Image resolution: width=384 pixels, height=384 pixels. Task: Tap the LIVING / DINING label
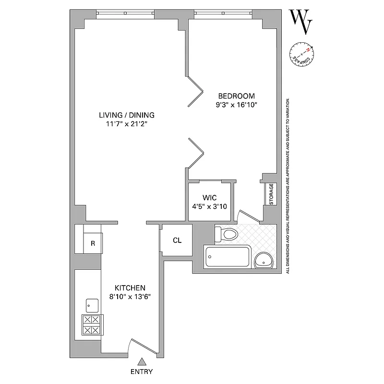pyautogui.click(x=127, y=115)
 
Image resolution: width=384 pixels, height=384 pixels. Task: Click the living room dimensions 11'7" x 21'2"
pyautogui.click(x=127, y=124)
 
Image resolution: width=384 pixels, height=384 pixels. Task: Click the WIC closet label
pyautogui.click(x=210, y=197)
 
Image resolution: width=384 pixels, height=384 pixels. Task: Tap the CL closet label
pyautogui.click(x=177, y=240)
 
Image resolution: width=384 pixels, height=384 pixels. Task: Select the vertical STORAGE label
pyautogui.click(x=271, y=194)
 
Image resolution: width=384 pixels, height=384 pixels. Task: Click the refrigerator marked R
pyautogui.click(x=93, y=243)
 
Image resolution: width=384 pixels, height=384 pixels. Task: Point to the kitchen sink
pyautogui.click(x=92, y=305)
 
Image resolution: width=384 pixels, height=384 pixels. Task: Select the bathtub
pyautogui.click(x=227, y=258)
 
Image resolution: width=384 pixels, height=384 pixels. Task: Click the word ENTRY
pyautogui.click(x=142, y=372)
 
